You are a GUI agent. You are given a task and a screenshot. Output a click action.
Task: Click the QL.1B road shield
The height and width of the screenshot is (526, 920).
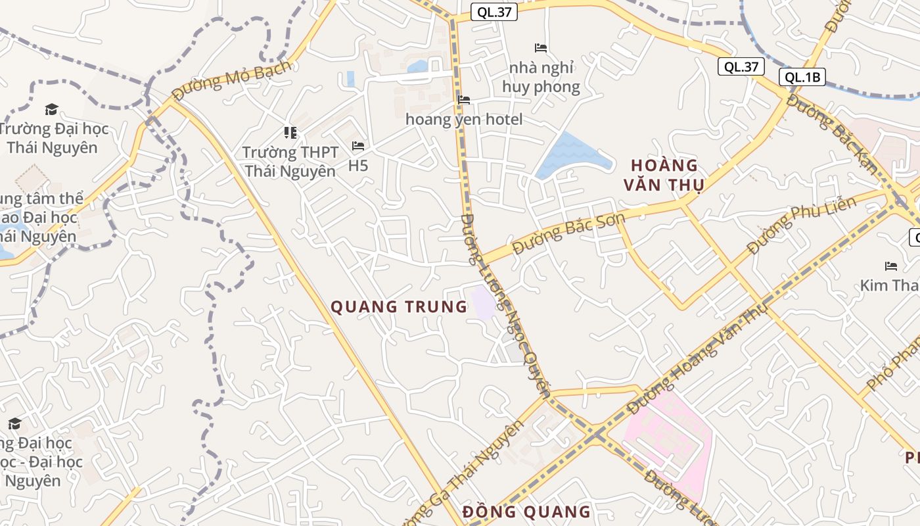(x=802, y=77)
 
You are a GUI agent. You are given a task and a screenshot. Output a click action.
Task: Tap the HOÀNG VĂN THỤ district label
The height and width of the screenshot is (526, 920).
(x=664, y=175)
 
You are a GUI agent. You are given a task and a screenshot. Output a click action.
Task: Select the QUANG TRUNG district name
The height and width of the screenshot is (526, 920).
(x=398, y=307)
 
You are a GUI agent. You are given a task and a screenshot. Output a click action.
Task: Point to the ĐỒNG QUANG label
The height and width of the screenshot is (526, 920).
(x=526, y=512)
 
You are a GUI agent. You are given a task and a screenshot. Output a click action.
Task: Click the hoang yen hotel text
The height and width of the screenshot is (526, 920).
(x=464, y=119)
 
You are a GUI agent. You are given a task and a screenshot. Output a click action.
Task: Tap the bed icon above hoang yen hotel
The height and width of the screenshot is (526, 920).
(x=464, y=100)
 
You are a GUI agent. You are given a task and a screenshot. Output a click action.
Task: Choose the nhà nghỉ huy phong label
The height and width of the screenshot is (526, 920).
(x=541, y=78)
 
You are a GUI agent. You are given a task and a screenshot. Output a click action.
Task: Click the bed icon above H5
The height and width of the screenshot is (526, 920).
(x=358, y=145)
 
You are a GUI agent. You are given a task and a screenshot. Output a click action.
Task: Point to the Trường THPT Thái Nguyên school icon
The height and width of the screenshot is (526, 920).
(x=290, y=133)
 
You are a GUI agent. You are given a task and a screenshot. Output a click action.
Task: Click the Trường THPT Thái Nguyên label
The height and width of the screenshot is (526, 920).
(x=290, y=162)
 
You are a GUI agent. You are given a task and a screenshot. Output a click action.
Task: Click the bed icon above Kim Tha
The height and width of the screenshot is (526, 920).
(x=891, y=266)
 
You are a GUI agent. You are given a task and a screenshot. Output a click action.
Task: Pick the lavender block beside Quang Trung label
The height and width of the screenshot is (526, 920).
(x=483, y=302)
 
